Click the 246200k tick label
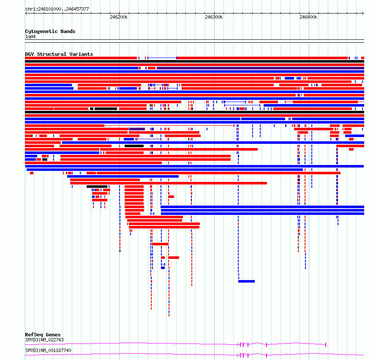pos(119,17)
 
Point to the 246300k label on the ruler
pos(214,17)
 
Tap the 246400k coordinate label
pos(308,17)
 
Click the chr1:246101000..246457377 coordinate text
pos(57,9)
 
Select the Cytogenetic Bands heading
pos(50,31)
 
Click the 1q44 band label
pos(30,36)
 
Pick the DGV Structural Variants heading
pos(59,54)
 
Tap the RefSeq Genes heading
pos(43,335)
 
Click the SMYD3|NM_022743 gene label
pos(45,340)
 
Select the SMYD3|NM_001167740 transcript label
pos(48,350)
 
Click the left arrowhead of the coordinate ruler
pos(26,14)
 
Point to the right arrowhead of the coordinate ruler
pos(363,14)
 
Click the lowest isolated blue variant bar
pos(246,281)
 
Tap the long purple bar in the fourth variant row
pos(260,68)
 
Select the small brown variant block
pos(151,105)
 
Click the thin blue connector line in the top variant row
pos(162,58)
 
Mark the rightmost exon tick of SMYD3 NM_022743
pos(326,345)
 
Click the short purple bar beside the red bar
pos(137,129)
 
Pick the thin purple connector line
pos(149,139)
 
